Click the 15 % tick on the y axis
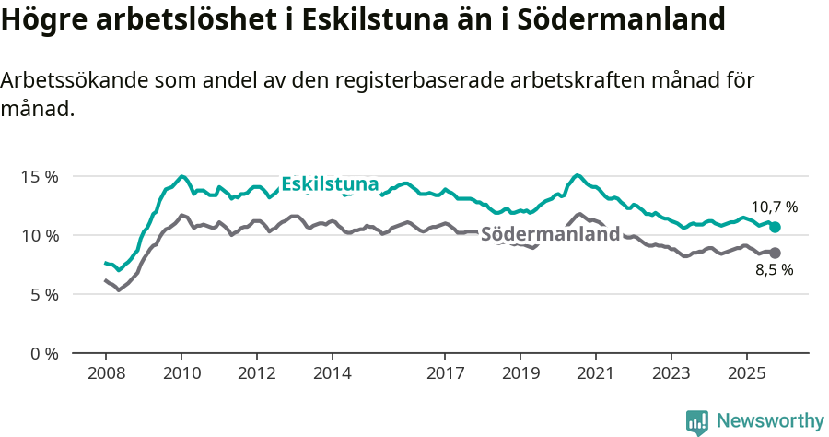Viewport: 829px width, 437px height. (x=39, y=176)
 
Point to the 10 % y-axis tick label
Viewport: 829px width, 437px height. (x=39, y=235)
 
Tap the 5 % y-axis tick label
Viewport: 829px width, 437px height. (x=42, y=294)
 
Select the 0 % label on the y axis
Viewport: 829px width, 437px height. (x=42, y=353)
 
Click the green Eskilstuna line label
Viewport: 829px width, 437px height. (x=330, y=184)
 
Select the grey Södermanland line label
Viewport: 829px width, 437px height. (x=550, y=234)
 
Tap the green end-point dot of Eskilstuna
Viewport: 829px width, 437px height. (x=775, y=227)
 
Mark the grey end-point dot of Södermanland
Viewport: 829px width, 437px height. (x=775, y=253)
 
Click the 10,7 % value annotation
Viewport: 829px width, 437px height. (x=774, y=207)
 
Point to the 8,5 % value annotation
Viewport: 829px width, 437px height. (x=774, y=270)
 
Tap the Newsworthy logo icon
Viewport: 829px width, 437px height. (x=697, y=422)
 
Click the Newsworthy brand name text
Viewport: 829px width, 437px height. (x=769, y=421)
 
